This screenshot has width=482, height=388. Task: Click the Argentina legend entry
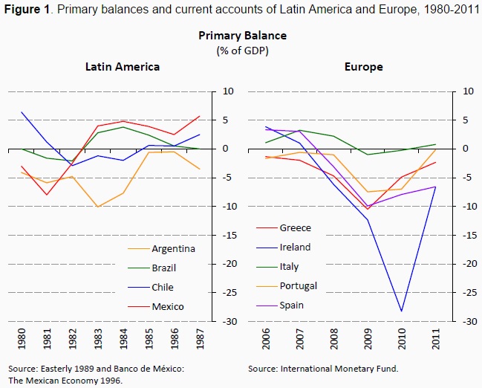click(173, 248)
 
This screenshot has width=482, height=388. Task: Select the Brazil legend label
click(164, 268)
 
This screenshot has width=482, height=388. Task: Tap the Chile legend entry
click(163, 287)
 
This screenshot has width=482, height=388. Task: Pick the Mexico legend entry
click(167, 306)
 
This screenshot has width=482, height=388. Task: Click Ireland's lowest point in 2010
click(402, 311)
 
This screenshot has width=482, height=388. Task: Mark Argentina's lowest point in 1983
click(98, 207)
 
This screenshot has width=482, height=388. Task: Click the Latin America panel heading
click(123, 67)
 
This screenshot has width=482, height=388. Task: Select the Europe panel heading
click(364, 67)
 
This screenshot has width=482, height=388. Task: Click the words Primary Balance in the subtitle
click(242, 36)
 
